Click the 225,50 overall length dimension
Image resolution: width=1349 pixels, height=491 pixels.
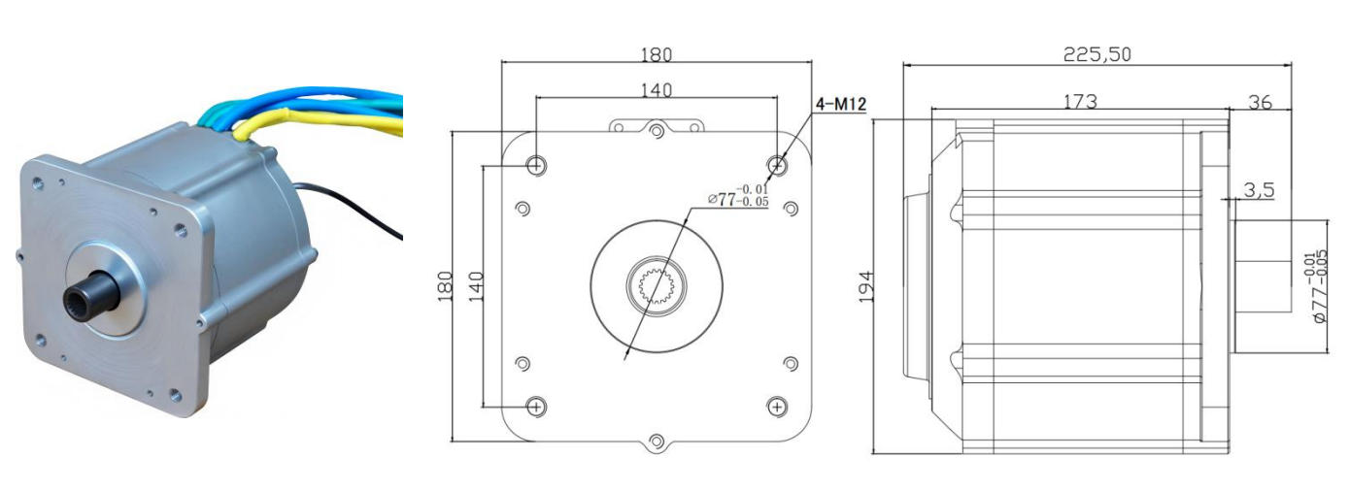(1096, 54)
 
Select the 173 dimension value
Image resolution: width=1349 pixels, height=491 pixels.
(1080, 101)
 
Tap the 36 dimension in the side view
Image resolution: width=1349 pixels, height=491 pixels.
(1260, 102)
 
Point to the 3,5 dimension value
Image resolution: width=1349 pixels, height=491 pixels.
(1260, 190)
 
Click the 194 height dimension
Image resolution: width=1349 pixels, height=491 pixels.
(865, 286)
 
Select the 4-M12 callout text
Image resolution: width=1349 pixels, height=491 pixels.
(841, 104)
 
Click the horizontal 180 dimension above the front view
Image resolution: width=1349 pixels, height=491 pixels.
(656, 54)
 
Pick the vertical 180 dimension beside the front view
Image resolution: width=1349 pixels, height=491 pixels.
(445, 286)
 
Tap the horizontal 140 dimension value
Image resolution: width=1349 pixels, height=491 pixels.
(656, 90)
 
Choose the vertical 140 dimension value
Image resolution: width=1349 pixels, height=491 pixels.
(476, 286)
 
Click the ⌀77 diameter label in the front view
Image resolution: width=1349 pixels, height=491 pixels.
(738, 196)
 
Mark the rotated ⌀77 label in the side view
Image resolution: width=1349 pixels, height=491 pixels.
(1318, 286)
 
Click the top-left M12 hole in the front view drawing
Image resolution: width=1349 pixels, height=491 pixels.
(536, 164)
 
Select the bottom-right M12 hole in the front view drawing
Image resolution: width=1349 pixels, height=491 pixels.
(777, 407)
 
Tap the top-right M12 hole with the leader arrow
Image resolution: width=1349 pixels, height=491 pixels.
(777, 164)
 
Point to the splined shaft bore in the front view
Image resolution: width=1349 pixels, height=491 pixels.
(656, 286)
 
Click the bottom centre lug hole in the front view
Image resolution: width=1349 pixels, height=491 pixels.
(657, 442)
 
